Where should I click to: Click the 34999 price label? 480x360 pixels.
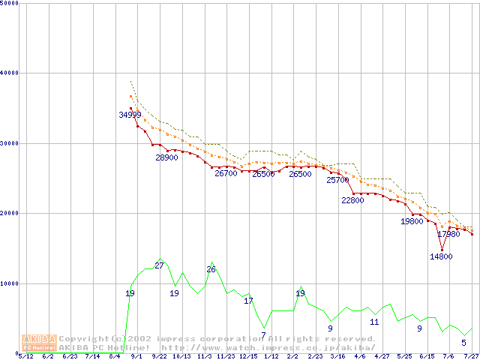click(x=130, y=115)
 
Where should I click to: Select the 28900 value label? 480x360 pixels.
click(x=166, y=158)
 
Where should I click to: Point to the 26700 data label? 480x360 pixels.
click(x=226, y=173)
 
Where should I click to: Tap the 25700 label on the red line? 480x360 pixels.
click(x=338, y=180)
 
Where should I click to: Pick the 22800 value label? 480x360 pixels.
click(x=352, y=200)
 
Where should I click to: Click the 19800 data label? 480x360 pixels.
click(x=412, y=221)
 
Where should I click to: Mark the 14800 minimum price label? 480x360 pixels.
click(x=441, y=256)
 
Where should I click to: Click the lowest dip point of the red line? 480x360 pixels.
click(x=442, y=249)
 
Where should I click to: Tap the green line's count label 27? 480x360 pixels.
click(x=159, y=265)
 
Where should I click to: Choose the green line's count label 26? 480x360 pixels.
click(x=211, y=269)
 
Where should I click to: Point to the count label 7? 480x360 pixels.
click(x=263, y=334)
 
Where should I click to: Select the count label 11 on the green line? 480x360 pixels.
click(x=374, y=322)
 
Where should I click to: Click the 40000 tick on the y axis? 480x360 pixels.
click(x=10, y=73)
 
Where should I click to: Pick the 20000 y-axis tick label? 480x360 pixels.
click(x=10, y=213)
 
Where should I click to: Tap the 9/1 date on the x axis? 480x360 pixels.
click(x=136, y=356)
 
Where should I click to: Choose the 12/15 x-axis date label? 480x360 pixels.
click(x=247, y=356)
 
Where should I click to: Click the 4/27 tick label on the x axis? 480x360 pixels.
click(x=382, y=356)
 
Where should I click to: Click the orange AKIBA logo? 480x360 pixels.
click(x=40, y=343)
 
